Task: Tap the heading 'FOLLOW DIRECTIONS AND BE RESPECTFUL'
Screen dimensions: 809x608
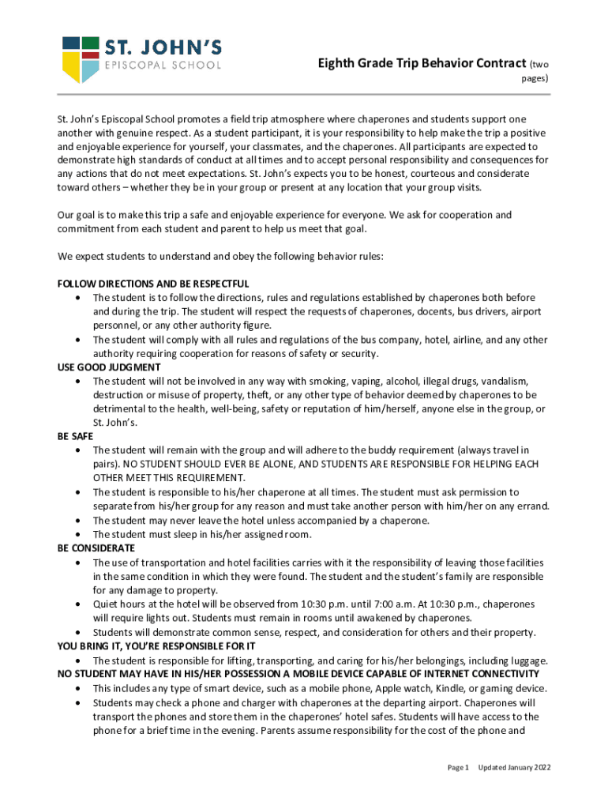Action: (153, 284)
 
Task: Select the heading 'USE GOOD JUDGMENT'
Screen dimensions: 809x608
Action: (109, 367)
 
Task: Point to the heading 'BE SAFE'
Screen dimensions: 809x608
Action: (76, 436)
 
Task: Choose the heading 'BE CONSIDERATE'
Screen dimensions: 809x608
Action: (96, 548)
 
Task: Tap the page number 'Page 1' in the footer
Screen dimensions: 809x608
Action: (459, 767)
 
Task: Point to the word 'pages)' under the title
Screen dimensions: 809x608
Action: (535, 79)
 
